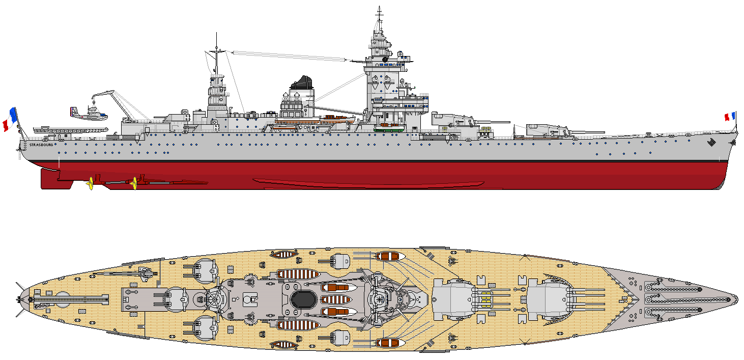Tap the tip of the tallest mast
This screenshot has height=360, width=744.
pos(379,7)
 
